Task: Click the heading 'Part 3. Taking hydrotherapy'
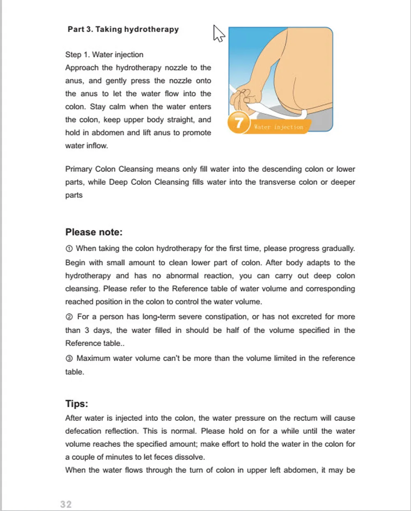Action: (x=123, y=29)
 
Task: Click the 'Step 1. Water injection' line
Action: (x=104, y=55)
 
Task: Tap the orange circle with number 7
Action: (x=238, y=123)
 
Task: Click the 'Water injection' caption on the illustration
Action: (x=278, y=127)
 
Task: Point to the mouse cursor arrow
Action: (x=218, y=33)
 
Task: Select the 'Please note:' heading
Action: (x=94, y=232)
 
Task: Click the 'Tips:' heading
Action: (x=76, y=404)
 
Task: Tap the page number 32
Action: (x=66, y=504)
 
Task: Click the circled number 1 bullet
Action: (x=69, y=249)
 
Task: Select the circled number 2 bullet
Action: (x=69, y=317)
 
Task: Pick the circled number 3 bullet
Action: (x=69, y=359)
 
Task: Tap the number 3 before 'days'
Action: (x=87, y=330)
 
